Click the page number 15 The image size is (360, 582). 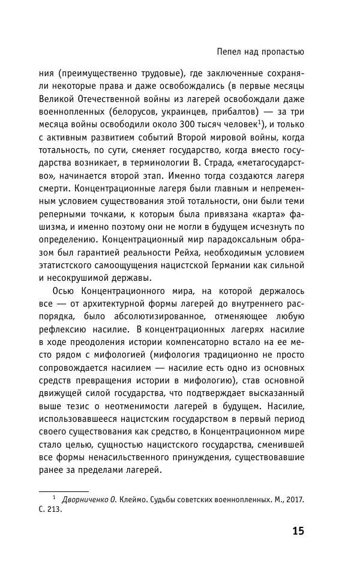tap(298, 531)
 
